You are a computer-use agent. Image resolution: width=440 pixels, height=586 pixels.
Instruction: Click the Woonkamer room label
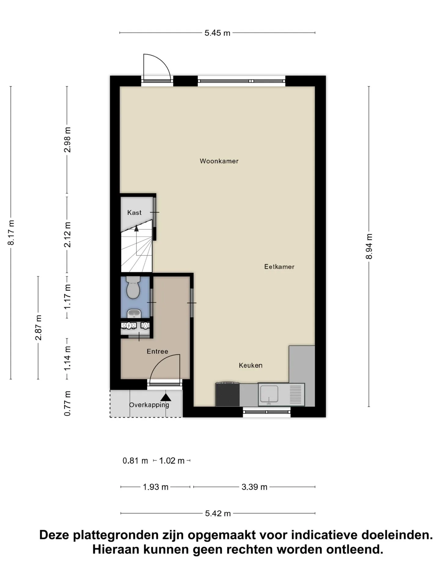point(219,161)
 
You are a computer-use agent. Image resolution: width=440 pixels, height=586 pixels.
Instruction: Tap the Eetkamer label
point(279,267)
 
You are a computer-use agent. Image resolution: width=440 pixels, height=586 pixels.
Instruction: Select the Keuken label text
point(251,365)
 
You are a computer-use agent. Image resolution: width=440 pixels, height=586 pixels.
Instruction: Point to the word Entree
point(157,351)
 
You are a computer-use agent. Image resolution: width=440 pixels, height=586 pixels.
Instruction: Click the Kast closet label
point(134,212)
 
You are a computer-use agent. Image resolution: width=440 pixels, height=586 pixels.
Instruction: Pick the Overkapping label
point(149,405)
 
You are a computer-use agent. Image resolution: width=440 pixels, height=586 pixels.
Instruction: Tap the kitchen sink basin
point(269,394)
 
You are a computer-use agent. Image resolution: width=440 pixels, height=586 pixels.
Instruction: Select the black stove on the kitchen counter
point(227,394)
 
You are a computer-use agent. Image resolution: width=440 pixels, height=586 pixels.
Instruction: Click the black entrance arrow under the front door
point(166,397)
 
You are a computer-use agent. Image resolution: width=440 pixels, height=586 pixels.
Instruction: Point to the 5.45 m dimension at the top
point(217,33)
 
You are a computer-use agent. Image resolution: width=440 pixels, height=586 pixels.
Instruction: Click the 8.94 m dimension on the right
point(369,246)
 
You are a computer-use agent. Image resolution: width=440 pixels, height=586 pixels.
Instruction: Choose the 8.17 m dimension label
point(11,232)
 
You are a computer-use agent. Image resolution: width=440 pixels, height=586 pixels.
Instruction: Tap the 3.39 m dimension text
point(254,487)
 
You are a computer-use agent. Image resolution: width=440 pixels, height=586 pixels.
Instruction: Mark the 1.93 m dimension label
point(156,487)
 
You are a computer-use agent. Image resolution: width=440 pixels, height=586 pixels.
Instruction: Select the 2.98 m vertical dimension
point(67,140)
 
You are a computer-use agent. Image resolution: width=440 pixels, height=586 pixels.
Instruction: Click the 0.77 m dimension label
point(67,403)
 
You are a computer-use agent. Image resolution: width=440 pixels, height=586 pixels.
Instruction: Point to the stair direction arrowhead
point(136,228)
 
